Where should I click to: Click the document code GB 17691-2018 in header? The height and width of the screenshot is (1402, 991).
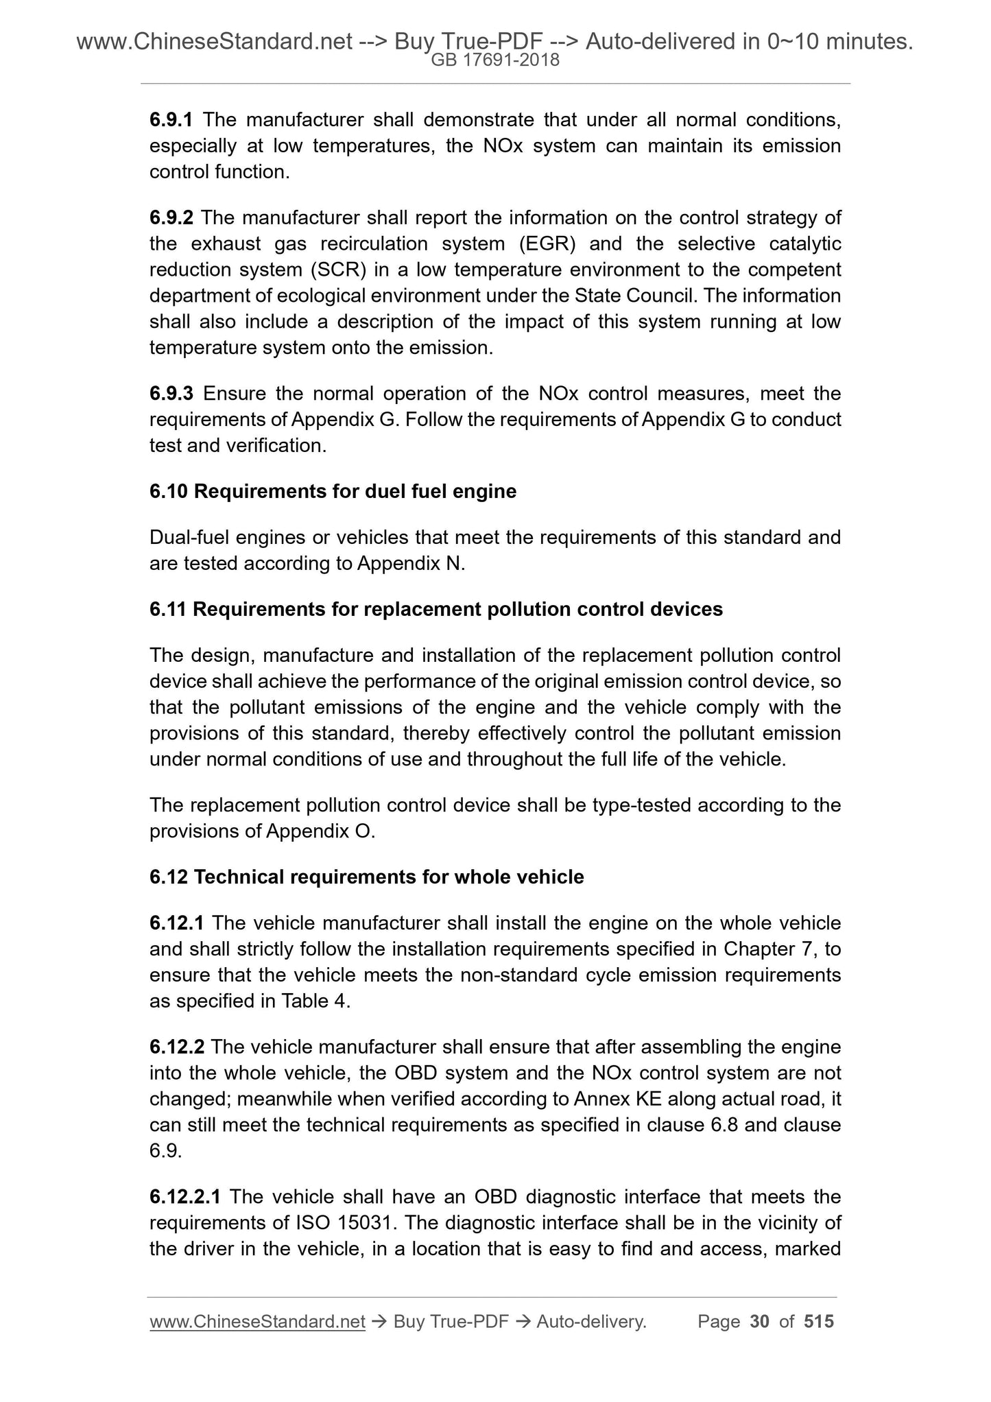tap(495, 60)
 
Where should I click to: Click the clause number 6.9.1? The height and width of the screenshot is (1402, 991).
tap(171, 120)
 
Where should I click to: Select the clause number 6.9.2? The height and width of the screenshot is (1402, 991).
tap(171, 218)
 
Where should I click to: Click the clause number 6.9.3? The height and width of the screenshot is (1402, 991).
tap(171, 394)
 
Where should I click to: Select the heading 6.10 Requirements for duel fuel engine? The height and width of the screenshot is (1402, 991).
tap(333, 491)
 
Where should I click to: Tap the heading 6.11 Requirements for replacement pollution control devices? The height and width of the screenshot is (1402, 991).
tap(436, 609)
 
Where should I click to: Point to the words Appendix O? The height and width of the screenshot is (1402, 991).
tap(320, 831)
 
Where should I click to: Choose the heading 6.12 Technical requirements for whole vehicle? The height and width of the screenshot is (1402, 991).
tap(367, 877)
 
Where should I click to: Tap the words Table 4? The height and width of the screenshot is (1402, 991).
tap(315, 1001)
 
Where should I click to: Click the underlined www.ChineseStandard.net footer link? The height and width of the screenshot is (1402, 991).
tap(257, 1322)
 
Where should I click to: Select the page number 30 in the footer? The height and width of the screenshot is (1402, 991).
tap(760, 1322)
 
